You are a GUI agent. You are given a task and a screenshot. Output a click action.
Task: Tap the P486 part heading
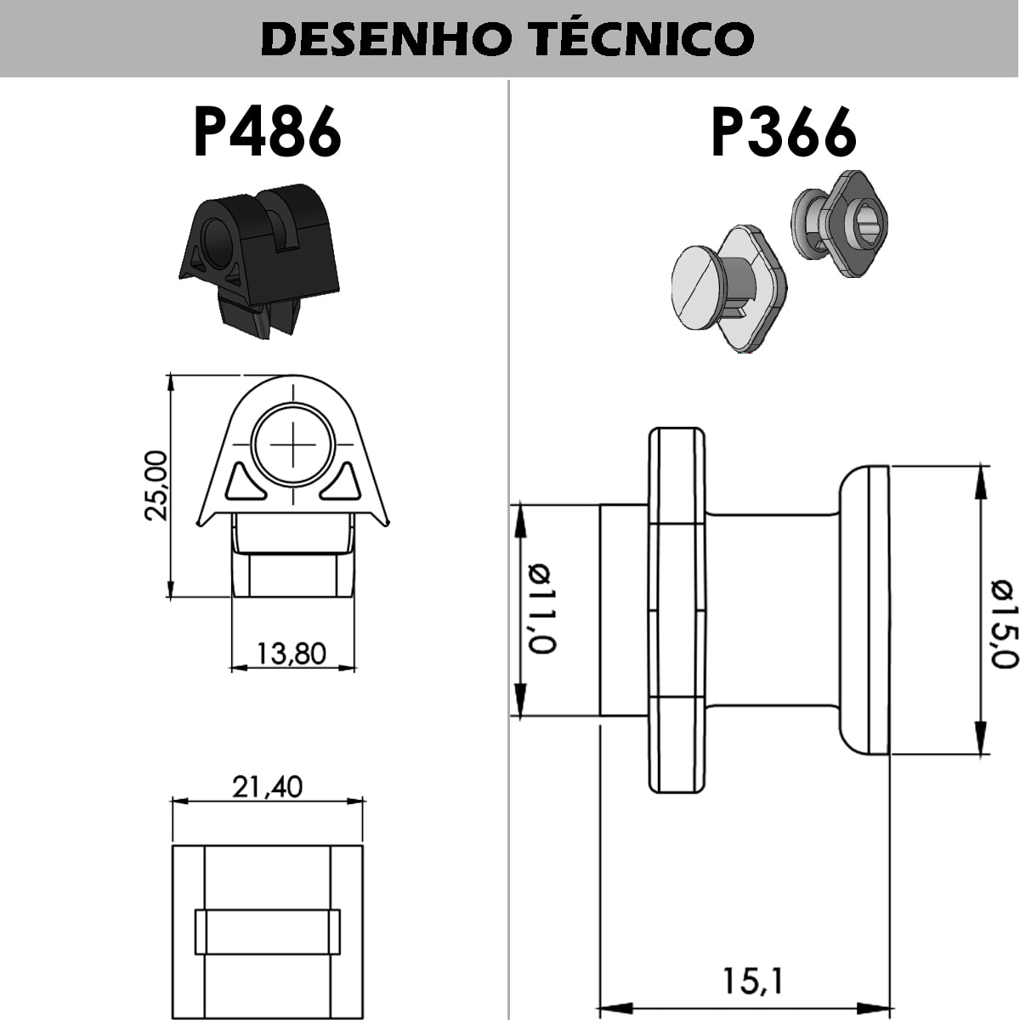coord(267,131)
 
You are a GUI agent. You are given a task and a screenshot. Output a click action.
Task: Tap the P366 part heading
coord(784,131)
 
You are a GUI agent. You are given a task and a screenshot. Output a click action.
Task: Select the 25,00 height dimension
coord(156,485)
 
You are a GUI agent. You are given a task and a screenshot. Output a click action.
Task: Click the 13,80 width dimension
coord(292,654)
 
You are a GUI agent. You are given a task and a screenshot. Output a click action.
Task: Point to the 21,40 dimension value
coord(267,786)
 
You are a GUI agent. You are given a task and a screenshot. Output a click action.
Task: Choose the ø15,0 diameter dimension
coord(1004,624)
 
